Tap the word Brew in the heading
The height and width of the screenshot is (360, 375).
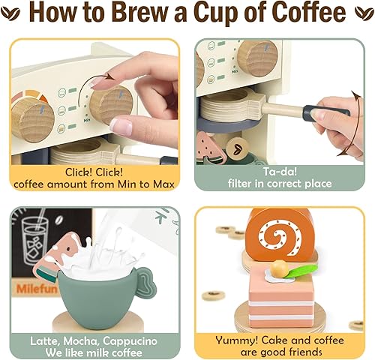151,14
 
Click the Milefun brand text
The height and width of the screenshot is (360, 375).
31,286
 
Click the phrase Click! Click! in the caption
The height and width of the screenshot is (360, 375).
95,170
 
